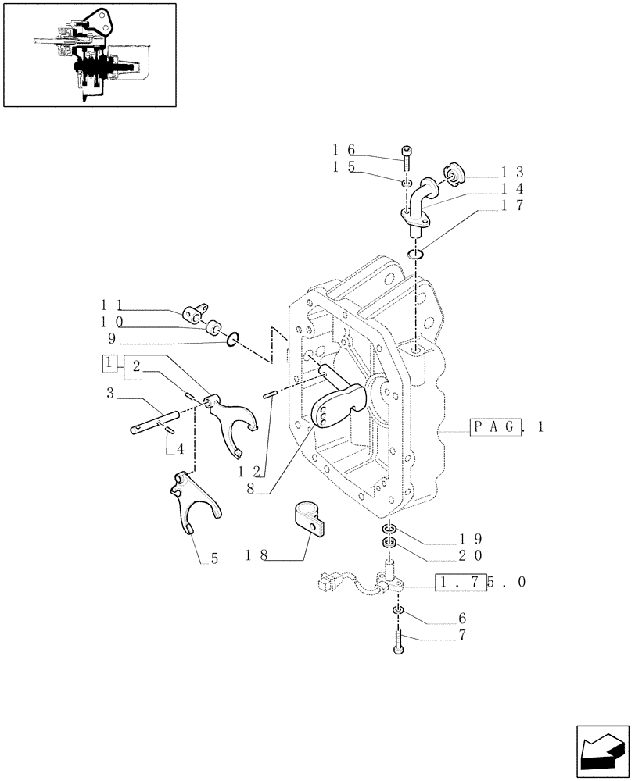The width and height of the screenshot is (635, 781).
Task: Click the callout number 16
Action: [x=343, y=150]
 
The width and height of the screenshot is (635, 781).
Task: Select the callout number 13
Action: [x=513, y=172]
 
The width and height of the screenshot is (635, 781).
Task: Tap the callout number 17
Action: [x=513, y=205]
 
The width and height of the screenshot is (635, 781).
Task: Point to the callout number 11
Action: [x=110, y=305]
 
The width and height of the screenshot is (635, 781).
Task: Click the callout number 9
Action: [x=112, y=339]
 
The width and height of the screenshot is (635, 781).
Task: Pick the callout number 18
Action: [x=257, y=556]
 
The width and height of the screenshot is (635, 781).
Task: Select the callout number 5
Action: [x=213, y=559]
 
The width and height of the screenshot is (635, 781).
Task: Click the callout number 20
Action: [x=471, y=555]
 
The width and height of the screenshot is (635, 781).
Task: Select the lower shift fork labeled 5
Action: [x=194, y=505]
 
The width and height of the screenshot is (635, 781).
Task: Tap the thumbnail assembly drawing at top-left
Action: [x=89, y=55]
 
